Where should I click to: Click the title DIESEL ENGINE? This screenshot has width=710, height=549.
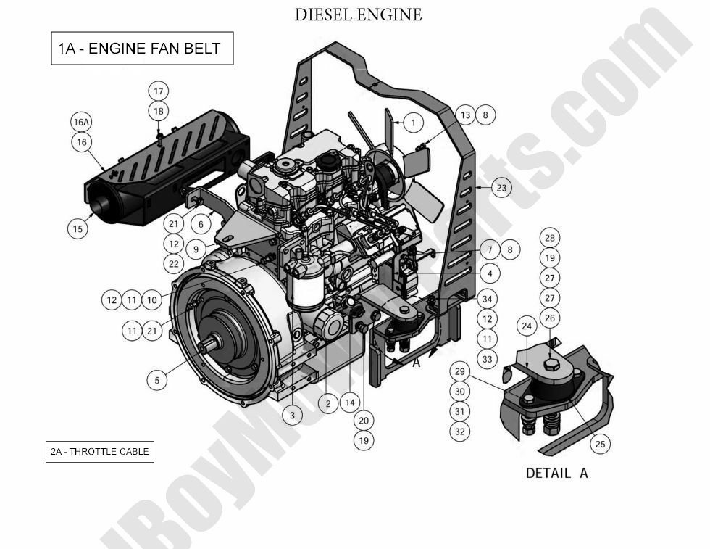coord(358,15)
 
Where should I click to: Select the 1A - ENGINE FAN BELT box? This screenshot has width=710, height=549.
coord(141,49)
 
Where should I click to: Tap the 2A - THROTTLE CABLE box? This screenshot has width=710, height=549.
coord(99,451)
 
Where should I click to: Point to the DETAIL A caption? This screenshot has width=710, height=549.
coord(556,473)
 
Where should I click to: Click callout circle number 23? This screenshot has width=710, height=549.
coord(501,188)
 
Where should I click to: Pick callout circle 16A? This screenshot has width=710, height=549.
coord(82,123)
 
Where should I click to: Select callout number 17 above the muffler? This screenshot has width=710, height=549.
coord(159,91)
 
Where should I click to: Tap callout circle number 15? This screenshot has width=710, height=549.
coord(78,228)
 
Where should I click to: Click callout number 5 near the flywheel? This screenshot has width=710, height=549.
coord(157,379)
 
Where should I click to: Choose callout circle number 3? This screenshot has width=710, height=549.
coord(292,415)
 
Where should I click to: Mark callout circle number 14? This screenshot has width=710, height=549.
coord(350,403)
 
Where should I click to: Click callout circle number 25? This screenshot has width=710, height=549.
coord(599,444)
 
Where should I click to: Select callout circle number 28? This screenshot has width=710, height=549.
coord(550,239)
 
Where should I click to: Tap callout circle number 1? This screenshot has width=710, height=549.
coord(412,123)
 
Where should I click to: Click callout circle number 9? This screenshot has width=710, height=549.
coord(194,249)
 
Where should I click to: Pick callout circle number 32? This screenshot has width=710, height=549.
coord(459,431)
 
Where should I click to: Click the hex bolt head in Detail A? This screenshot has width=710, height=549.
coord(552,362)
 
